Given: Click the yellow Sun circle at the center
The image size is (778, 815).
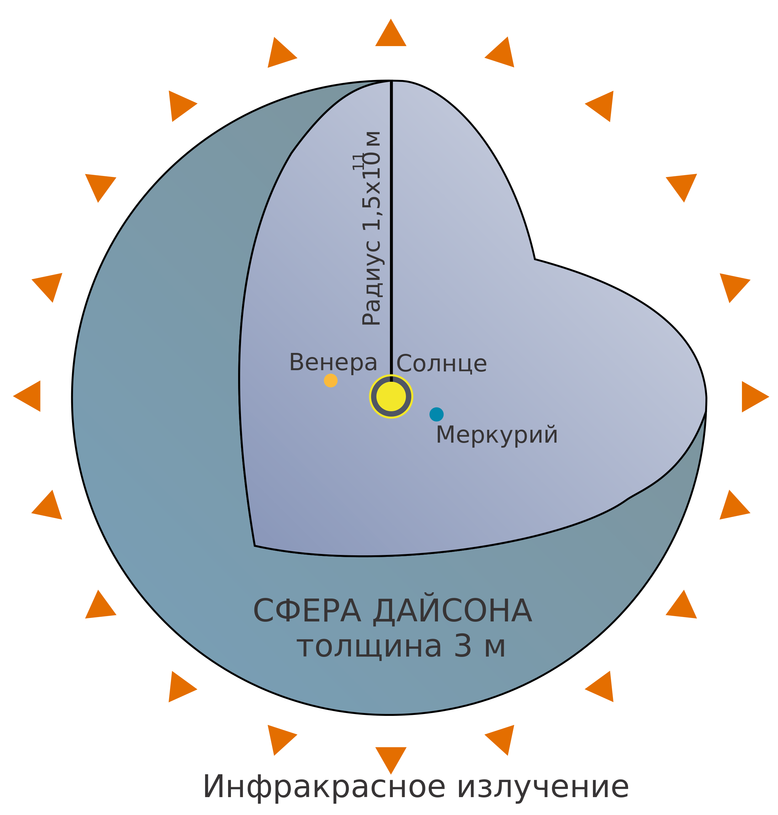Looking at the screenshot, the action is coord(391,397).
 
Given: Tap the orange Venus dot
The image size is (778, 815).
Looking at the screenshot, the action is coord(331,380).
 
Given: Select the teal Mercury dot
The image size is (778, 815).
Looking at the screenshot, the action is coord(436,414).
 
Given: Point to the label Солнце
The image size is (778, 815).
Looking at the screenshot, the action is coord(442,364).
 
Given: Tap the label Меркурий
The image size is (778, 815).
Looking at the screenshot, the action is coord(496,435).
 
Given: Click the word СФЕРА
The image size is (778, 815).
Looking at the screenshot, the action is coord(307,611).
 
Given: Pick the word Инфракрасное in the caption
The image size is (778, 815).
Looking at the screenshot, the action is coord(324,787).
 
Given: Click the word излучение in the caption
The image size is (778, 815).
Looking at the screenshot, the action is coord(543,787).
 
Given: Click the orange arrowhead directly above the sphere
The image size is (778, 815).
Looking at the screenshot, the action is coord(391,32).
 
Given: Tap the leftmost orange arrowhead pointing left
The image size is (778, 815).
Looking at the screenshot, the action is coord(27,396).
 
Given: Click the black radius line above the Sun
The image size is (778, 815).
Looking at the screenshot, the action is coord(391,231).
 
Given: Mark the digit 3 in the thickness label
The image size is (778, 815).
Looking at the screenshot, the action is coord(462,646).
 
